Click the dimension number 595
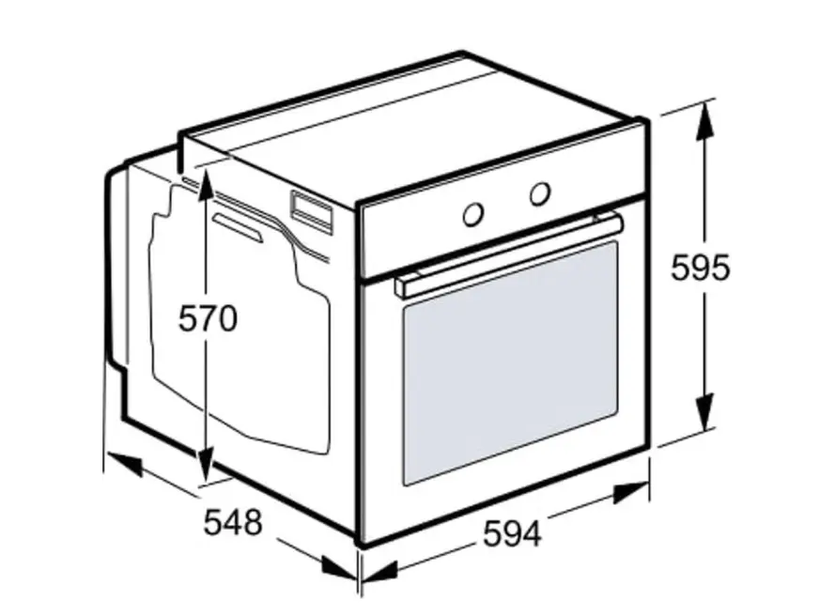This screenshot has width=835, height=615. (x=700, y=268)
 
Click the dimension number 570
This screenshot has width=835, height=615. (x=208, y=318)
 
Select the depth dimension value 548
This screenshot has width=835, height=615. (x=233, y=522)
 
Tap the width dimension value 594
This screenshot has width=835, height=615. (x=512, y=533)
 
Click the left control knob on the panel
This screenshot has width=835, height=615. (x=472, y=214)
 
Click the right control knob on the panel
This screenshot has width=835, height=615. (x=539, y=193)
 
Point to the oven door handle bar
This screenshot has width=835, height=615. (x=508, y=255)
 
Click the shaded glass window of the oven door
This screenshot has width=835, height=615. (x=510, y=363)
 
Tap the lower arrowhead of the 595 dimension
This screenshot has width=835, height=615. (x=704, y=411)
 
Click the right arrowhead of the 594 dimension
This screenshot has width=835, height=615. (x=630, y=492)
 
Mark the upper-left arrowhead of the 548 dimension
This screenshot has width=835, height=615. (x=124, y=463)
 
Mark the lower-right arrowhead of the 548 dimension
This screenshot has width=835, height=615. (x=339, y=566)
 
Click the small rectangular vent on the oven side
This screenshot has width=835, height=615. (x=312, y=212)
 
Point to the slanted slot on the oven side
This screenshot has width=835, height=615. (x=238, y=228)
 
